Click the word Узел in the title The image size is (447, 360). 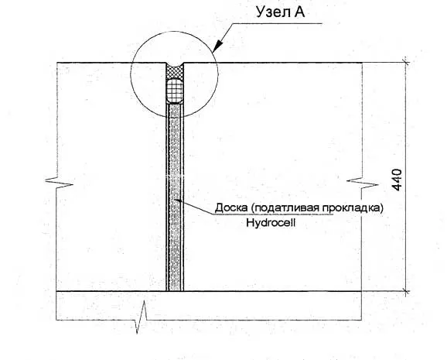tap(273, 12)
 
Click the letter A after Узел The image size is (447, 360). tap(299, 12)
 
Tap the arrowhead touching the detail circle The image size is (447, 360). tap(218, 46)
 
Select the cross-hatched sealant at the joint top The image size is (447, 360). tap(175, 72)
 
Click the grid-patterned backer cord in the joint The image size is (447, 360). tap(175, 91)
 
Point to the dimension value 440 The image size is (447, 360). tap(397, 180)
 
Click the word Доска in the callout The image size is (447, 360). tap(231, 207)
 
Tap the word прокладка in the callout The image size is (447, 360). tap(350, 208)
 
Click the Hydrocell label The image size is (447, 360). tap(271, 222)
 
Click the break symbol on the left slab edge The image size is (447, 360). tap(60, 183)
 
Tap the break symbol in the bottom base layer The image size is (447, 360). tap(142, 317)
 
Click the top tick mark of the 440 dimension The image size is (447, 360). tap(406, 62)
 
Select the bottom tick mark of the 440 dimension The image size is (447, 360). tap(406, 291)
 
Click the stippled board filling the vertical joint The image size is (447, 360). tap(175, 197)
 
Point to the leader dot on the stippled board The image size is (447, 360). tap(178, 200)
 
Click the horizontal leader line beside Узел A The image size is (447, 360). tap(278, 23)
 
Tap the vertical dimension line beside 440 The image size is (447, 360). tap(406, 177)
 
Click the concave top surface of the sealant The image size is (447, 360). tap(175, 67)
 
